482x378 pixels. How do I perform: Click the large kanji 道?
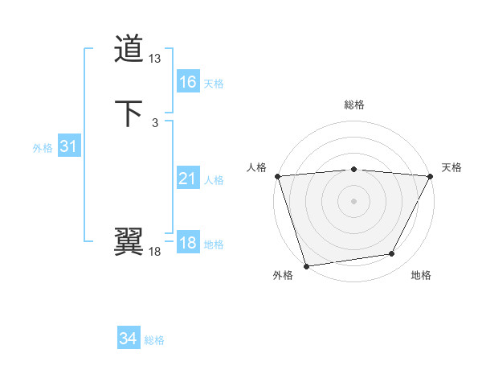pos(129,50)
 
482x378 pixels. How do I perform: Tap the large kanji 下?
pos(129,113)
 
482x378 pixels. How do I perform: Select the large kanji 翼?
pos(129,241)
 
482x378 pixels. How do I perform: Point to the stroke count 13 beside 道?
pos(155,59)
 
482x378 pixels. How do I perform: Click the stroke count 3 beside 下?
pos(154,122)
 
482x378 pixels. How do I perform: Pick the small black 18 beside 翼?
pos(155,252)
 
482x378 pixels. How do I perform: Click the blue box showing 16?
pos(187,81)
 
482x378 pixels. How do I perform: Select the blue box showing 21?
pos(187,179)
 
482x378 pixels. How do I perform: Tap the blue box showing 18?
pos(187,243)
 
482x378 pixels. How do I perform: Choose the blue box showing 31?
pos(68,146)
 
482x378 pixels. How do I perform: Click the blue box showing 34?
pos(128,339)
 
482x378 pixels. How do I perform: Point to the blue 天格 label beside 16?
pos(214,83)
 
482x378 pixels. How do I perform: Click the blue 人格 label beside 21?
pos(214,180)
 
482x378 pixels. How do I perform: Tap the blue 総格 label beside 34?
pos(154,340)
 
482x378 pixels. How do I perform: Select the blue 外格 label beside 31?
pos(43,148)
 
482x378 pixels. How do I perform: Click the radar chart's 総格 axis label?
pos(353,105)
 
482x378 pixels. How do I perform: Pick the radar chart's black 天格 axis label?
pos(451,167)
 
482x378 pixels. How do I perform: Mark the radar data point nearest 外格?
pos(306,265)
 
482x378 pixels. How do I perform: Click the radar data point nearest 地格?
pos(392,254)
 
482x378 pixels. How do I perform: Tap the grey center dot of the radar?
pos(353,200)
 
